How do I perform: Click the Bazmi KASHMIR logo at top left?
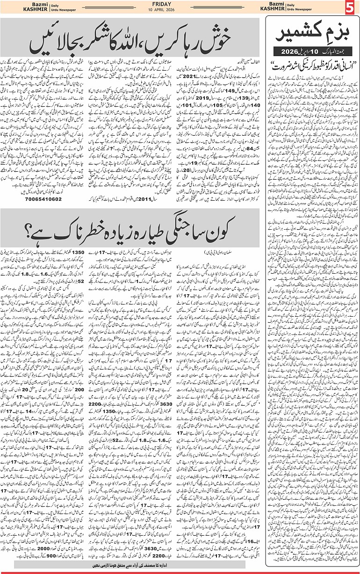pyautogui.click(x=26, y=7)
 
